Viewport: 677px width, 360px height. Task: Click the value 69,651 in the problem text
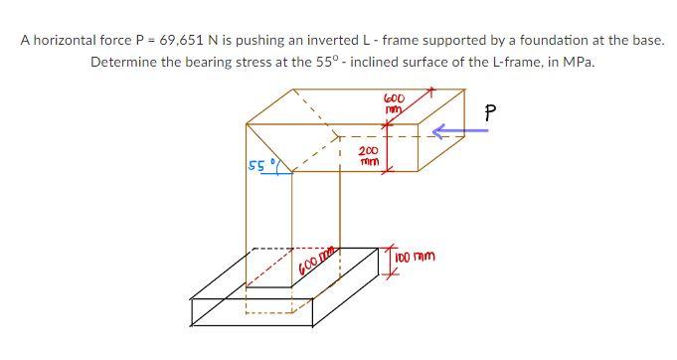click(x=183, y=41)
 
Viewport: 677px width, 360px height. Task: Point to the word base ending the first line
click(x=647, y=41)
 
